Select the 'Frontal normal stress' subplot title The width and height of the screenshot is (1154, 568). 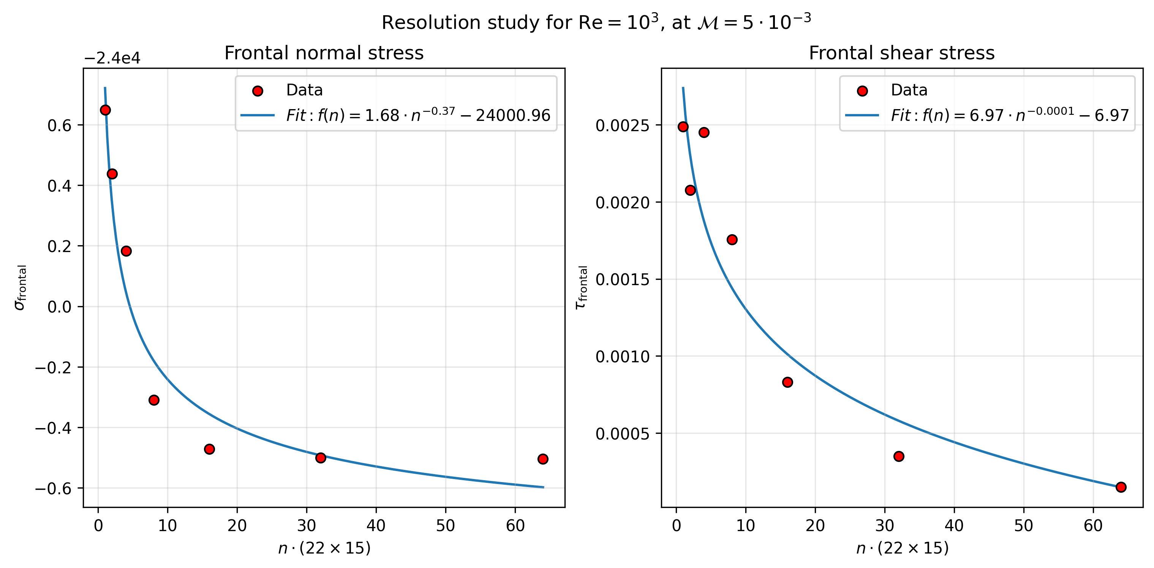[x=324, y=53]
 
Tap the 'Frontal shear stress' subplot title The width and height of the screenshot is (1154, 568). [x=901, y=53]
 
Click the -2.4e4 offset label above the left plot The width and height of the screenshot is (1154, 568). [x=112, y=58]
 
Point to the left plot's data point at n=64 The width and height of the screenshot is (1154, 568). [x=542, y=459]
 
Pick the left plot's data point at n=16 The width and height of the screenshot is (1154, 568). [x=209, y=449]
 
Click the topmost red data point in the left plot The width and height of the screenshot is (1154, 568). [x=105, y=110]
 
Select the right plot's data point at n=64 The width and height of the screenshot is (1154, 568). [x=1121, y=487]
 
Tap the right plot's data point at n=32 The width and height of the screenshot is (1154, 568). [x=899, y=456]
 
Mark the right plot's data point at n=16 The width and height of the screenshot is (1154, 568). [x=787, y=382]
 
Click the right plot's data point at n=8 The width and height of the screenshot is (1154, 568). [x=732, y=240]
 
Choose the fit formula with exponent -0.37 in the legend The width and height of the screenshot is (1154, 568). [x=418, y=115]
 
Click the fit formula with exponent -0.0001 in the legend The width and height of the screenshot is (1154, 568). [x=1009, y=115]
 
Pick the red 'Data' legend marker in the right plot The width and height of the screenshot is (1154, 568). [x=862, y=91]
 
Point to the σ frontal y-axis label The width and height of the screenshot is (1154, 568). [x=21, y=287]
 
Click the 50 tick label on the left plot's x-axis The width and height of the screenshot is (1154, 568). [x=445, y=525]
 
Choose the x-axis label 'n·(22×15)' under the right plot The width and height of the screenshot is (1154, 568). [x=902, y=548]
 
